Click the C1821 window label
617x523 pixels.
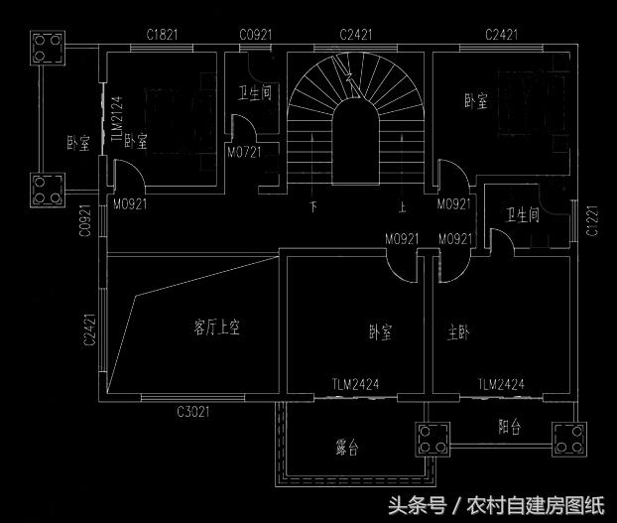162,35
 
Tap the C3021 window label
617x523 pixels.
193,411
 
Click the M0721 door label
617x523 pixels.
243,154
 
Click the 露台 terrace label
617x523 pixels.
346,449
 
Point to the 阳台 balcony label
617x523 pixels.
510,427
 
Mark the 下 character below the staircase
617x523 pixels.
313,208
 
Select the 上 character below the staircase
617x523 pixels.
402,208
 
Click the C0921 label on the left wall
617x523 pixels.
86,222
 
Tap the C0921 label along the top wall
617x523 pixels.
255,35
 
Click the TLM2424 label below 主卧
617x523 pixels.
500,384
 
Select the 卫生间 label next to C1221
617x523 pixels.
522,214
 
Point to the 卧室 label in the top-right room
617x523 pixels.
476,101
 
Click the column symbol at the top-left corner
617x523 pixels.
49,47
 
